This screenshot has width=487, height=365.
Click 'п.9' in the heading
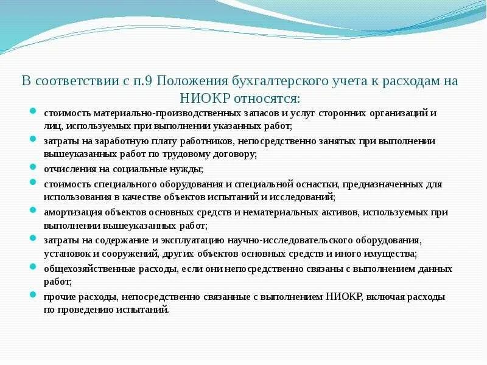click(x=137, y=82)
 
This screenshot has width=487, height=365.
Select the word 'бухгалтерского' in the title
click(x=268, y=82)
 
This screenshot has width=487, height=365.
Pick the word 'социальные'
click(x=134, y=169)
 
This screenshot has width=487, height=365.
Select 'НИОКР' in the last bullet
click(x=345, y=297)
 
